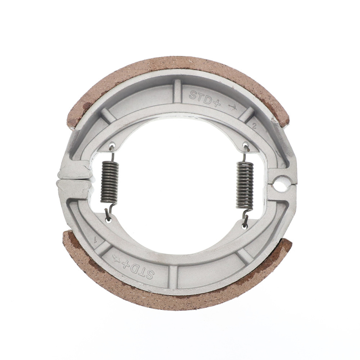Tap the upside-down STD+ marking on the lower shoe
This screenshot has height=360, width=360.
point(139,268)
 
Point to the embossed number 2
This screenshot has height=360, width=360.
point(255,126)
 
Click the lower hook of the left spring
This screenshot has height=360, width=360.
point(108,214)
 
